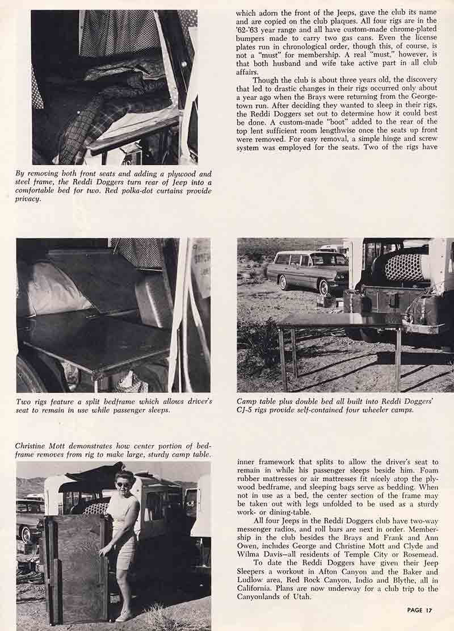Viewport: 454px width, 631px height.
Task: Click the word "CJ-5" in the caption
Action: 246,410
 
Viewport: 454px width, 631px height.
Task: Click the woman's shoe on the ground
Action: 124,616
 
